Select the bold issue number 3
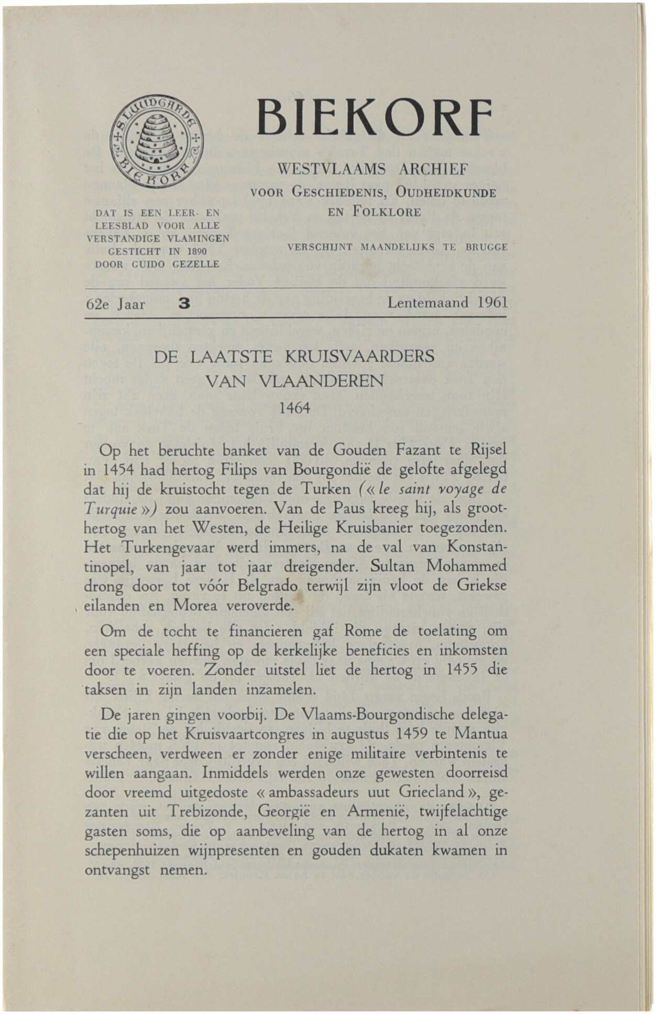[184, 303]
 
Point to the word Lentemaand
[428, 303]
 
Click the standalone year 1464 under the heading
[294, 407]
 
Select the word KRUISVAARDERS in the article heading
[359, 357]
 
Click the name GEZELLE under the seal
[195, 264]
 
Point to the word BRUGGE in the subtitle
[487, 247]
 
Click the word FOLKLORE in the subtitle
[387, 213]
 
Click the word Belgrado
[267, 586]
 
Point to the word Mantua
[480, 734]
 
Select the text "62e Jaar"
[115, 304]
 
